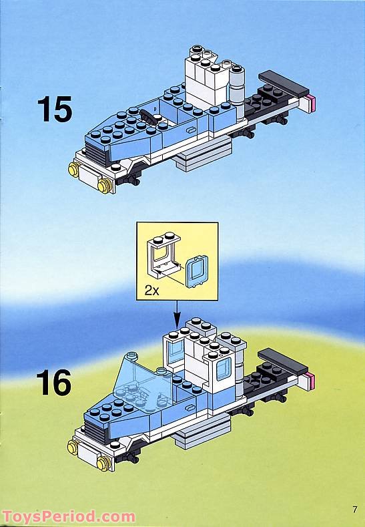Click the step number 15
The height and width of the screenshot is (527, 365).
(x=53, y=110)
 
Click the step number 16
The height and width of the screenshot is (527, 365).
(x=53, y=383)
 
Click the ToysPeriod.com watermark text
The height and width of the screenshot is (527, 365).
(x=68, y=516)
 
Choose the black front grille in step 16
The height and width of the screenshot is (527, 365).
(x=95, y=433)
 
